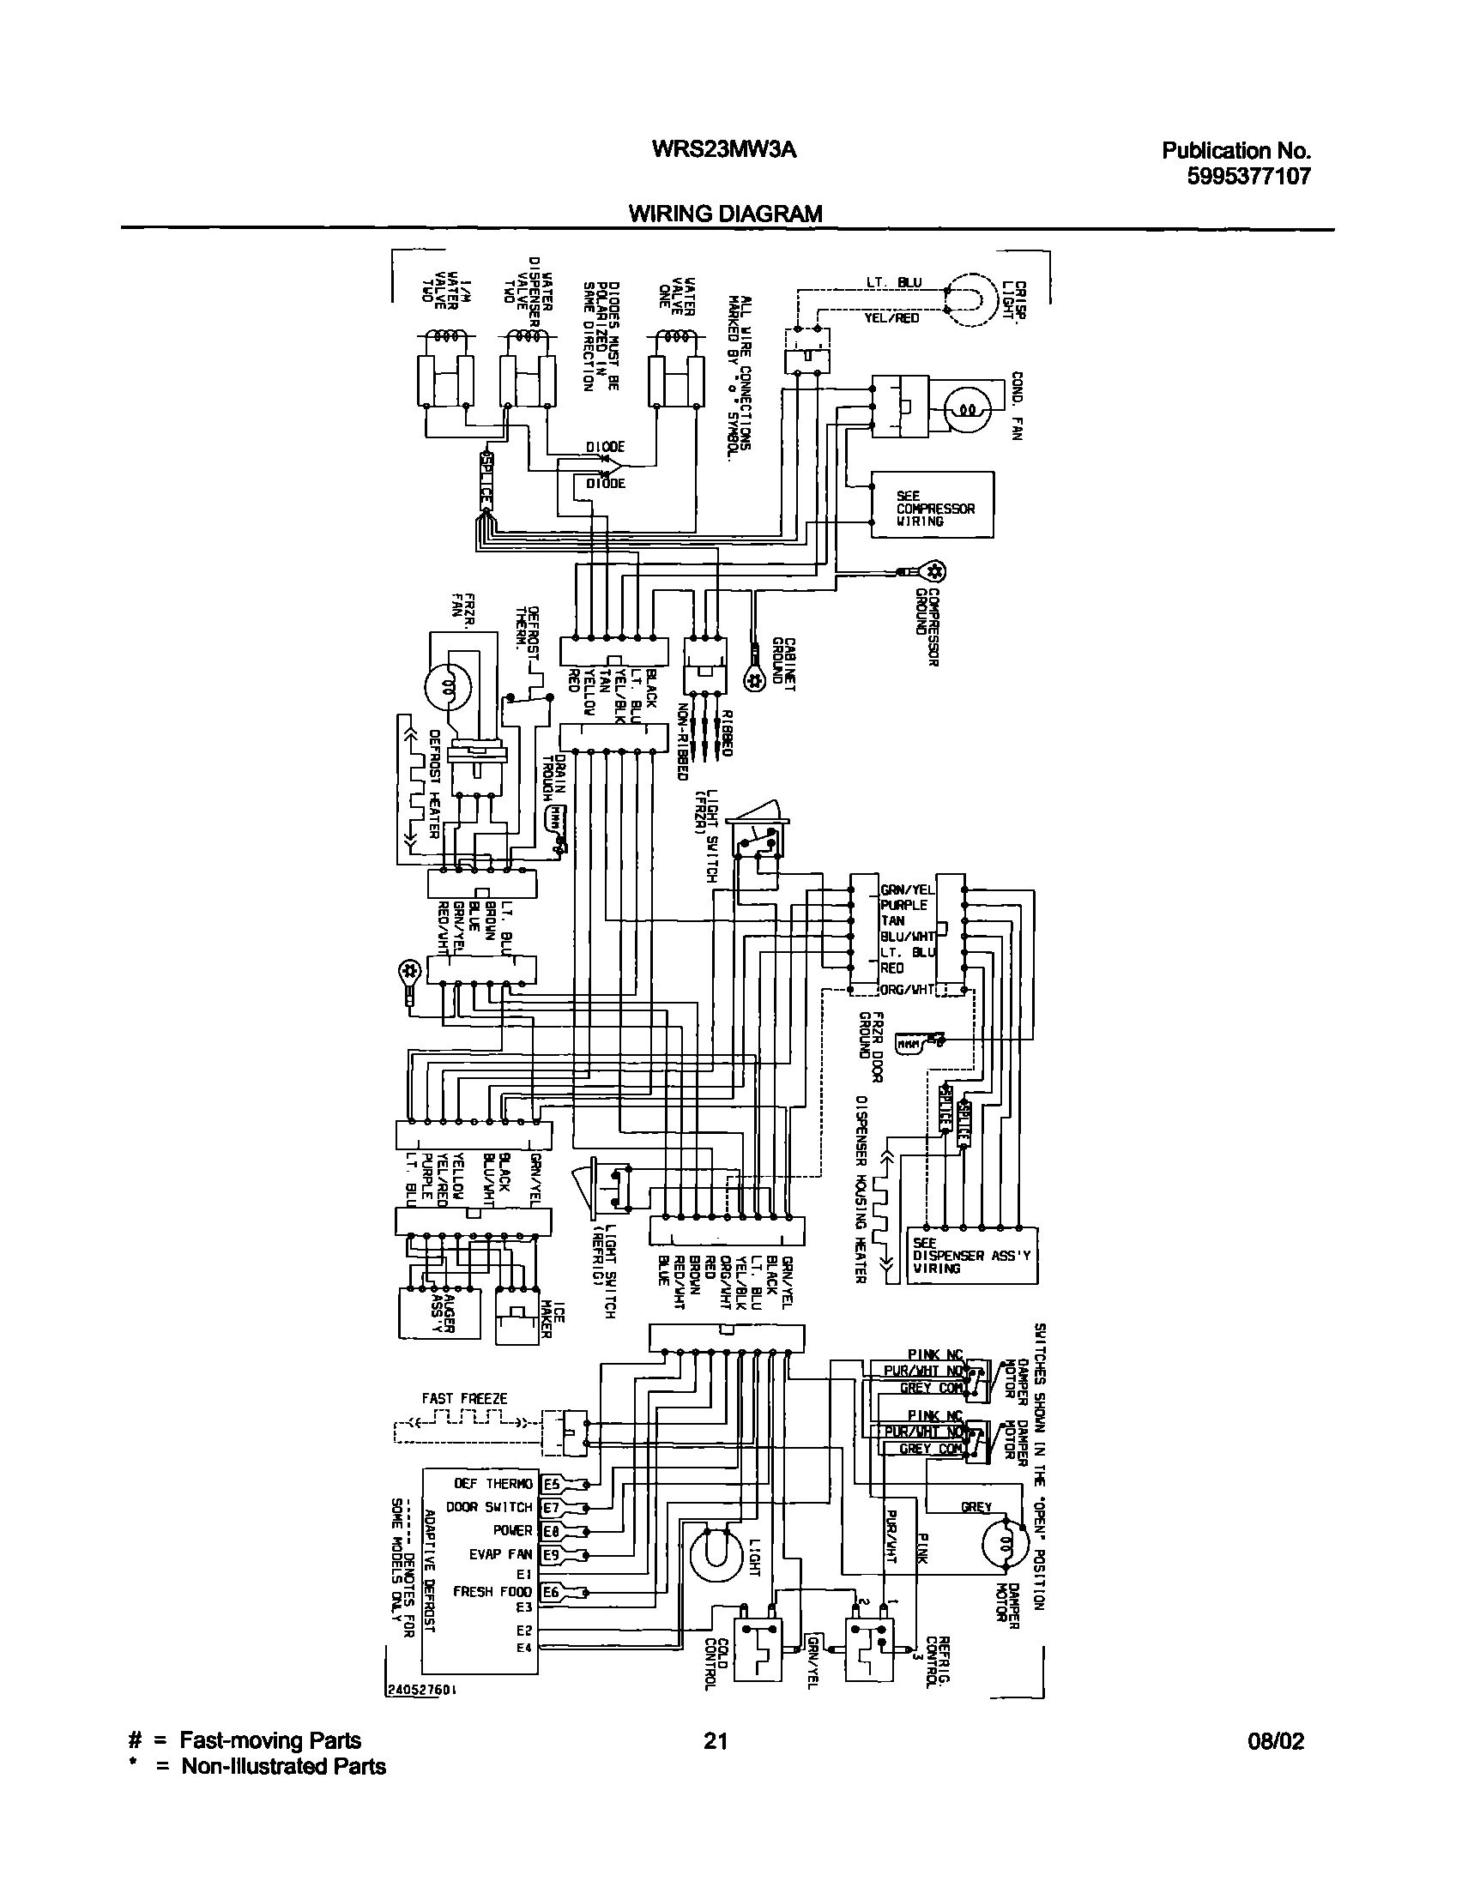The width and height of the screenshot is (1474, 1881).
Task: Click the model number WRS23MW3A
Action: click(x=724, y=150)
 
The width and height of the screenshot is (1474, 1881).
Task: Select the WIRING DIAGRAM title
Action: click(x=725, y=213)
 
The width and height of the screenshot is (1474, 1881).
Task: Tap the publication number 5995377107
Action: click(x=1236, y=177)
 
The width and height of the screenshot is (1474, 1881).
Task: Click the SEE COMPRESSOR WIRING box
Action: click(x=932, y=504)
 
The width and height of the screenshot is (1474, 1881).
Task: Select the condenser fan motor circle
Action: click(x=968, y=409)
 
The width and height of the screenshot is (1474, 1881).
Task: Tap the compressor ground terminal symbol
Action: click(x=933, y=571)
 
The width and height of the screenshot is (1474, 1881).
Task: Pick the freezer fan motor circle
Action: click(x=448, y=687)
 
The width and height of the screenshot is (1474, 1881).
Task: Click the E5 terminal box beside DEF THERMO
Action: click(x=551, y=1483)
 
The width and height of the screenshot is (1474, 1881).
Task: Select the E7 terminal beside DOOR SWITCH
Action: click(x=551, y=1507)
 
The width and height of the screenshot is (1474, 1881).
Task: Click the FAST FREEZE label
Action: click(x=464, y=1398)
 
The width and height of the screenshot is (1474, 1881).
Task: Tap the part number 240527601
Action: click(x=421, y=1692)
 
